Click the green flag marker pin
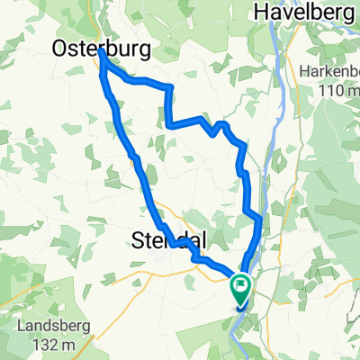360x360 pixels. coord(241,291)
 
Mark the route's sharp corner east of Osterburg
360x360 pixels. coord(170,87)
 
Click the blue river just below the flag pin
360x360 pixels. coord(238,314)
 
